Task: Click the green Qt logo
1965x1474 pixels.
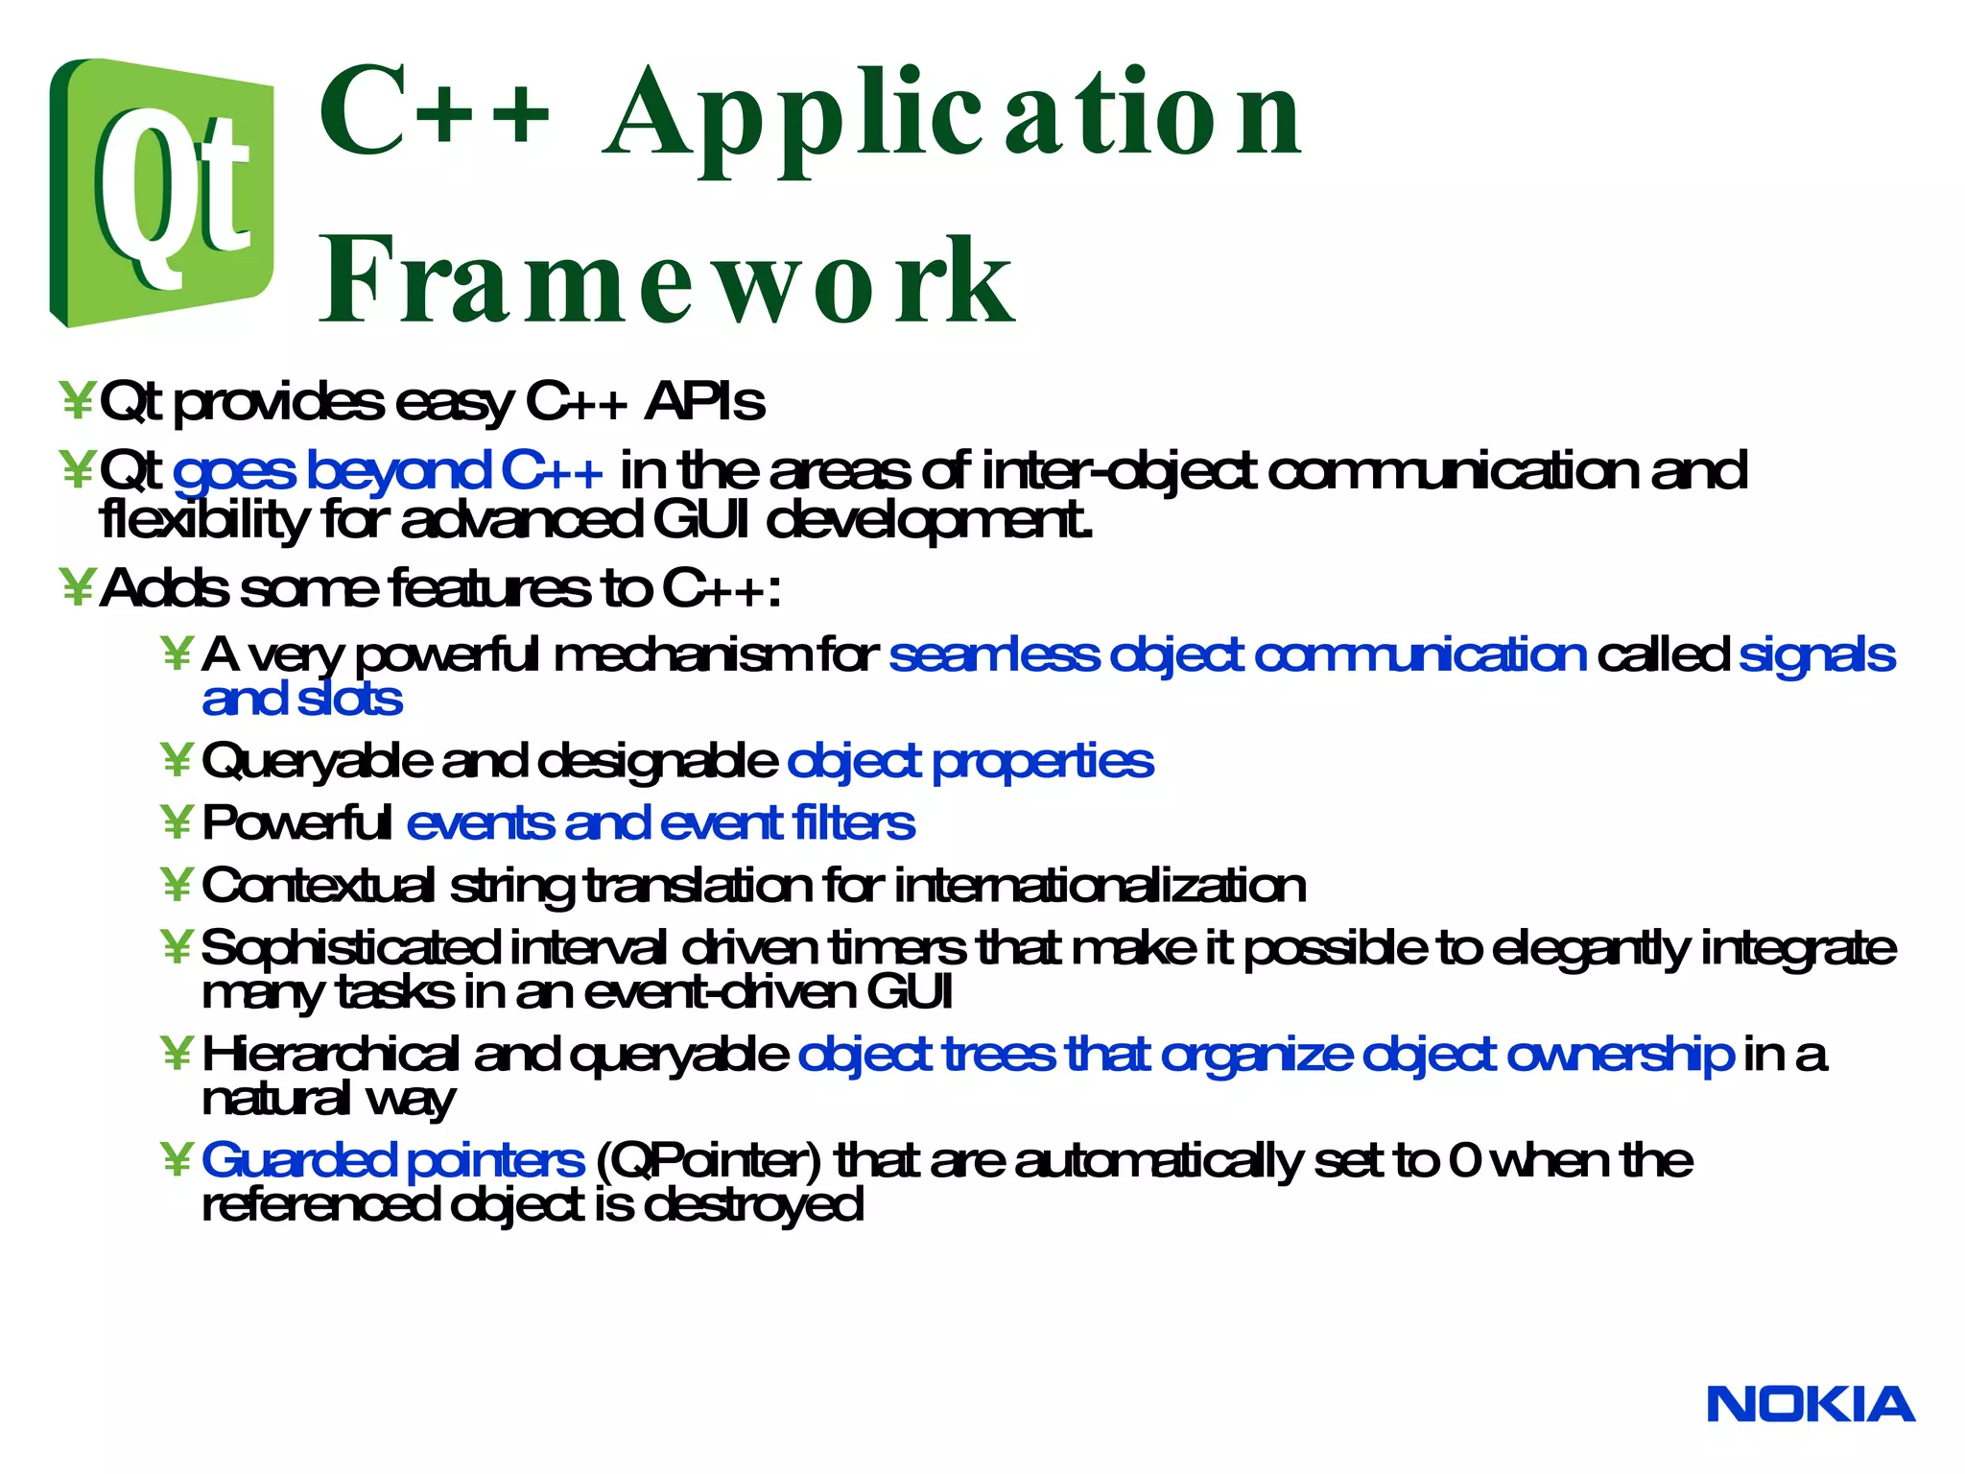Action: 161,192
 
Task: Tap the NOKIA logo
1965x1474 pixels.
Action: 1811,1404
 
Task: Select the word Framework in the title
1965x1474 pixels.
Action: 667,280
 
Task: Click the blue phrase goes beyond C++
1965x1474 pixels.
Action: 388,471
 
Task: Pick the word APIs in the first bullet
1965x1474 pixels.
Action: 705,401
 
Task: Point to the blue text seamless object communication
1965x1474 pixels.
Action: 1237,655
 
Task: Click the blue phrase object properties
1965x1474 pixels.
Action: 970,762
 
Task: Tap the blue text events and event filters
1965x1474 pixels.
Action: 660,823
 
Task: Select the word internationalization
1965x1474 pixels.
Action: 1100,885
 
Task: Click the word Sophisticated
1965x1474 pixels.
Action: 350,948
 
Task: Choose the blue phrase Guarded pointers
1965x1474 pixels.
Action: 392,1160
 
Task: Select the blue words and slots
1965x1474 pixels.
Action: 301,699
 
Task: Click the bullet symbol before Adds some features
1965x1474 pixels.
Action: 76,587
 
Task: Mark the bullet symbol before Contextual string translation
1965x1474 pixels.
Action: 178,885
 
